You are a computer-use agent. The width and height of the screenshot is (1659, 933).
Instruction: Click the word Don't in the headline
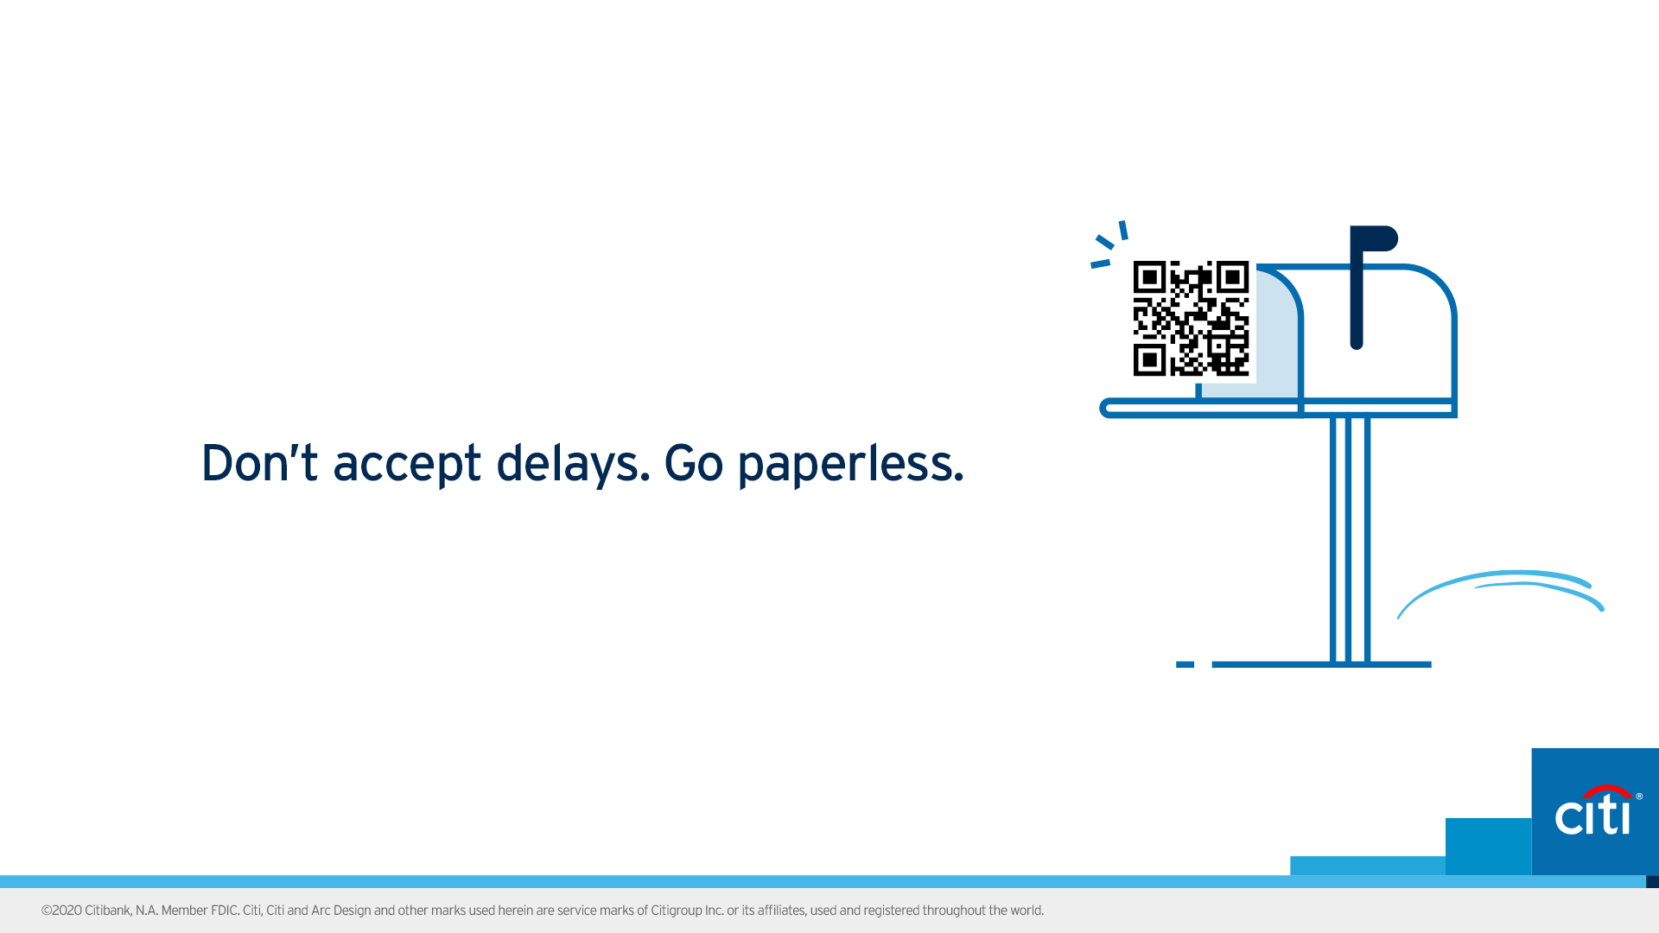[259, 462]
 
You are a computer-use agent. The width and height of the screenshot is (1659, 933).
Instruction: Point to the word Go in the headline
[693, 462]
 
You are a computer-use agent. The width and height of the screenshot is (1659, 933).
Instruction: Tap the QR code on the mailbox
[1191, 319]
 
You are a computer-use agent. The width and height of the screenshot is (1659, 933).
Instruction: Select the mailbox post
[1350, 540]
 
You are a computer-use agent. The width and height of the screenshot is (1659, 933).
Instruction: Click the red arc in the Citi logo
[1606, 790]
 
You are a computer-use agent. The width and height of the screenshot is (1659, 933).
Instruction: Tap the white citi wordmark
[1592, 815]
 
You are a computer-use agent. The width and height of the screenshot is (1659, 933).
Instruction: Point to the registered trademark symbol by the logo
[1639, 797]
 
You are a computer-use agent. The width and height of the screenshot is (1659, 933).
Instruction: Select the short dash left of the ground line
[1185, 664]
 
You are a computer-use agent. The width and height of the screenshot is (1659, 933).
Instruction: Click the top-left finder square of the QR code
[1149, 277]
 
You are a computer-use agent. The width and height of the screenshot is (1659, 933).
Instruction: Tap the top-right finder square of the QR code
[1233, 277]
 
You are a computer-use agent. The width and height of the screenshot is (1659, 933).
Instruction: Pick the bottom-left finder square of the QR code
[1149, 360]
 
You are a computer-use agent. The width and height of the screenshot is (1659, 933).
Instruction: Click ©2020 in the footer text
[61, 911]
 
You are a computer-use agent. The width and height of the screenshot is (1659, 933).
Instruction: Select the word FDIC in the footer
[225, 911]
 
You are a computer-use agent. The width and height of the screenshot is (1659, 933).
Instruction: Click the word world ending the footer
[1027, 911]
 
